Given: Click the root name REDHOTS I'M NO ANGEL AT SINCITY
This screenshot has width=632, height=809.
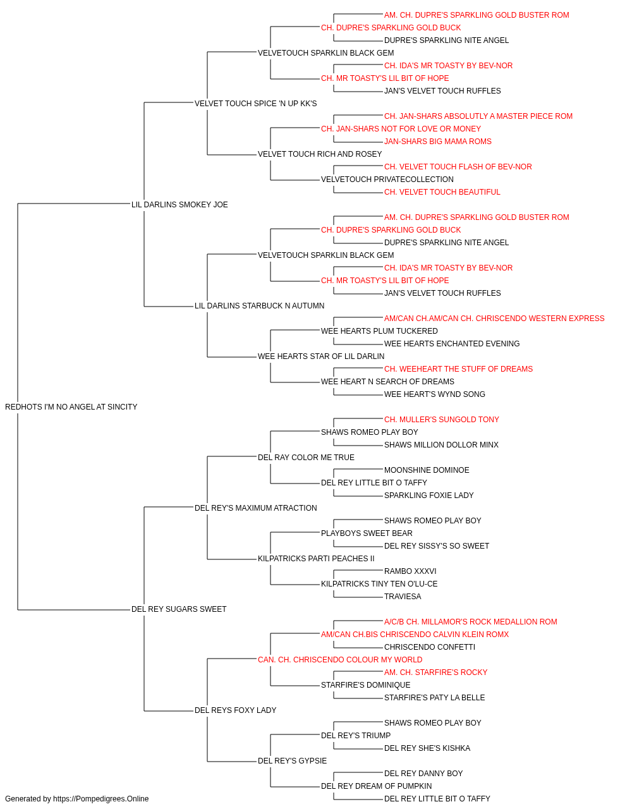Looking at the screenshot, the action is click(x=71, y=407).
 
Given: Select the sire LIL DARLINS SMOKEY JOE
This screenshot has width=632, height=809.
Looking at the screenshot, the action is click(x=179, y=204).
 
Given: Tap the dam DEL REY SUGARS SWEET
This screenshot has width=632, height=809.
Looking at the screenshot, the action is click(x=179, y=609).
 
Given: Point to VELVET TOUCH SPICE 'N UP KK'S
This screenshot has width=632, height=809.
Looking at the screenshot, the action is click(x=255, y=104).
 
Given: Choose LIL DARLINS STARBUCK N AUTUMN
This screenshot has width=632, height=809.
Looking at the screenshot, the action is click(x=259, y=306).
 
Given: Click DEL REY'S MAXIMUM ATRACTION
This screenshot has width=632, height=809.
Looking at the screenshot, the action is click(x=255, y=508).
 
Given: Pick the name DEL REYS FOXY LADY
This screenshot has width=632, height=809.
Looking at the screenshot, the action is click(x=235, y=710).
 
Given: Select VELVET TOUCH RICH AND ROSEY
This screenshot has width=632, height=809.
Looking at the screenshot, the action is click(x=320, y=154).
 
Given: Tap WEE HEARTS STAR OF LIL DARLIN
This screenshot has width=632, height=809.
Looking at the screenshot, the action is click(x=321, y=356).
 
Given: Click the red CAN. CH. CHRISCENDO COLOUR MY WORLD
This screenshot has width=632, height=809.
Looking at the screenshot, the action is click(x=340, y=660).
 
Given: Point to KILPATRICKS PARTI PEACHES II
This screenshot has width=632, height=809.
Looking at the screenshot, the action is click(x=316, y=559).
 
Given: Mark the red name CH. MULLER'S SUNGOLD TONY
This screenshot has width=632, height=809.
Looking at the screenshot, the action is click(x=441, y=420).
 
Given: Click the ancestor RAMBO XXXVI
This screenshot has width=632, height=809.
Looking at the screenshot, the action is click(x=410, y=571).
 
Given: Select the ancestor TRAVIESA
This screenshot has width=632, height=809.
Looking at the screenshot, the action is click(x=403, y=597).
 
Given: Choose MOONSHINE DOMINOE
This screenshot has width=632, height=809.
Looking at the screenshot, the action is click(x=427, y=470).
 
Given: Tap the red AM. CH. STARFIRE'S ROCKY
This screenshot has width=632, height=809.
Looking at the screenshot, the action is click(x=435, y=672).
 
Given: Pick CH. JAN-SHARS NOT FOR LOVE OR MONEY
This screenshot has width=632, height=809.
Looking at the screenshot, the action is click(x=401, y=129).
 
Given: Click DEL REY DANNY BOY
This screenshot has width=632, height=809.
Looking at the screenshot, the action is click(x=423, y=773).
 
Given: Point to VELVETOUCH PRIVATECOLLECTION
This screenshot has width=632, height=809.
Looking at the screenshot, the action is click(x=387, y=179).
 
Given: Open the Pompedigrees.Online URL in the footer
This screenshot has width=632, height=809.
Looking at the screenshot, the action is click(x=100, y=799).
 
